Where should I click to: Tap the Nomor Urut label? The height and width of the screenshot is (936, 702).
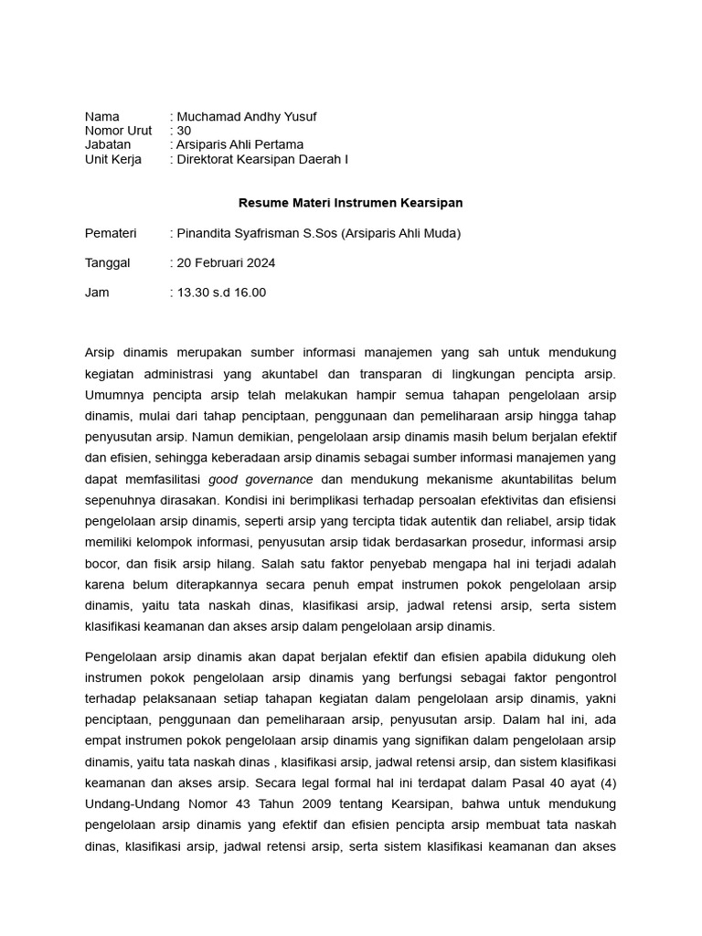point(118,131)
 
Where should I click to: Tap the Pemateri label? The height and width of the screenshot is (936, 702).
point(111,233)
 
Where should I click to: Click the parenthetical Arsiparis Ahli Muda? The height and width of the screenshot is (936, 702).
point(402,233)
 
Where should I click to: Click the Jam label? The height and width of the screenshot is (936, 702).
point(97,292)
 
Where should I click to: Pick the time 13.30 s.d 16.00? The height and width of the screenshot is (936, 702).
point(221,292)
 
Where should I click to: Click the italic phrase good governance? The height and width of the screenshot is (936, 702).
point(261,479)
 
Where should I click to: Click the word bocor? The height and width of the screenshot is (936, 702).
point(101,564)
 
